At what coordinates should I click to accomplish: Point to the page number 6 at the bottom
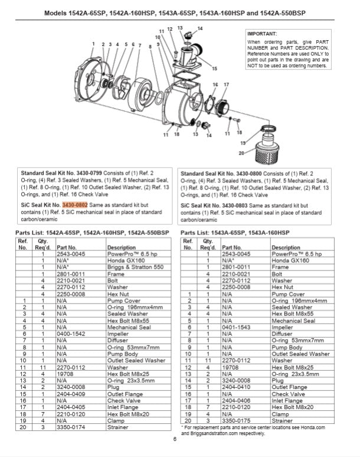click(175, 438)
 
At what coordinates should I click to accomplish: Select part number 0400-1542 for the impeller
click(70, 334)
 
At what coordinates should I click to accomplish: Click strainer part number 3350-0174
click(70, 427)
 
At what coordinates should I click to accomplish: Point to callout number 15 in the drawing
click(214, 68)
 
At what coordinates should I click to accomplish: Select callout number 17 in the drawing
click(225, 85)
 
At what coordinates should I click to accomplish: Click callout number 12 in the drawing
click(170, 28)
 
